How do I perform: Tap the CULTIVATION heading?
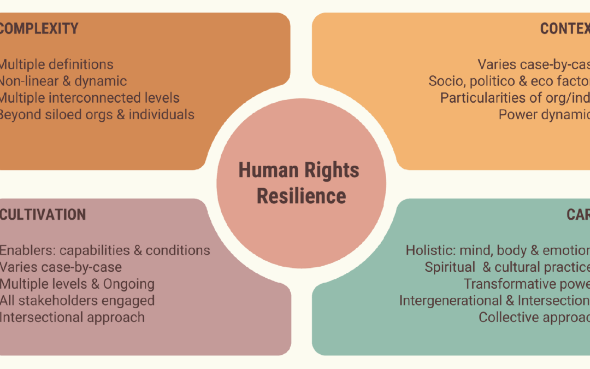point(43,214)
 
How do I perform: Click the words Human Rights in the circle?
point(299,170)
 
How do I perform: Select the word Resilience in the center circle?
point(301,196)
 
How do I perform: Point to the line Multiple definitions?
point(56,65)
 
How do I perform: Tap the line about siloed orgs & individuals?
point(96,115)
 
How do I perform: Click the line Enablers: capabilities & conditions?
point(104,250)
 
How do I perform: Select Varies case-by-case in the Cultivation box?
point(60,267)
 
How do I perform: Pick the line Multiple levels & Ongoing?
point(76,284)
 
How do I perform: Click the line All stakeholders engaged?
point(76,301)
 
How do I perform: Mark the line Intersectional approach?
point(72,317)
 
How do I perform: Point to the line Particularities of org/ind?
point(515,98)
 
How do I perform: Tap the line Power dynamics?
point(544,115)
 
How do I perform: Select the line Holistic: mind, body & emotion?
point(498,250)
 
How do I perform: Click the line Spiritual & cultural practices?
point(507,267)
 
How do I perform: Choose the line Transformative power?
point(527,284)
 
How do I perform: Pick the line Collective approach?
point(534,317)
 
